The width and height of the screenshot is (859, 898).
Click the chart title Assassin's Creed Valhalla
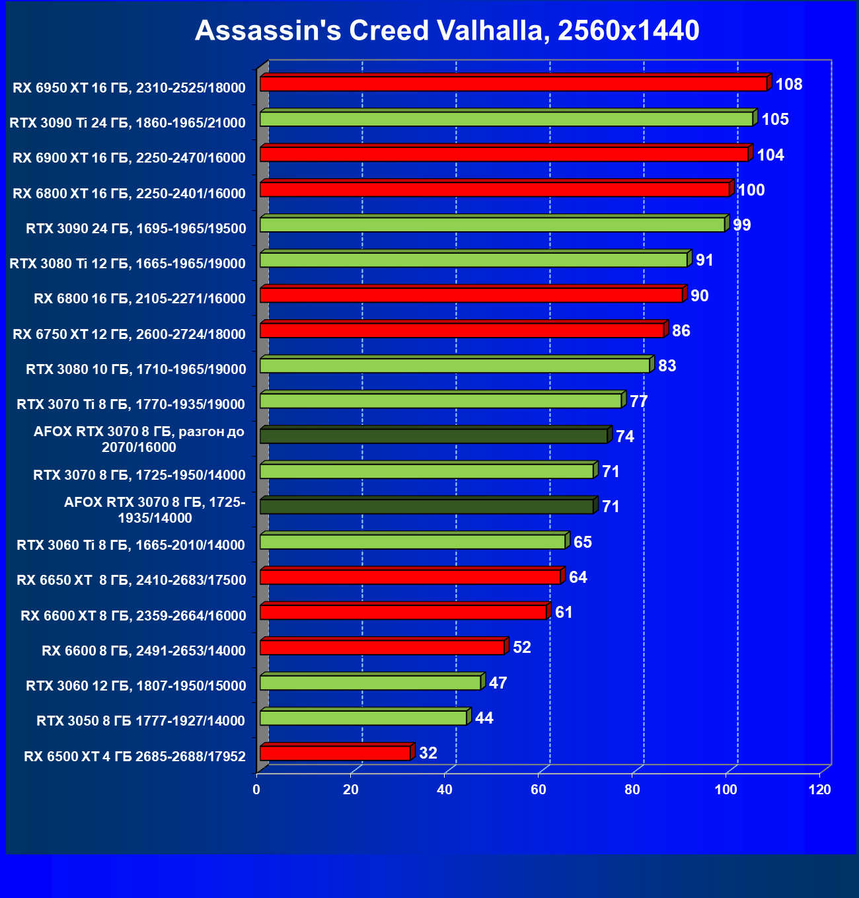click(447, 30)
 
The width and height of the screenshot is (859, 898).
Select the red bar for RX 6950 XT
click(513, 84)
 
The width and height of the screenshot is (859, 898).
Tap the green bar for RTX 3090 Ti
click(507, 119)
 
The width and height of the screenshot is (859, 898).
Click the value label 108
click(789, 85)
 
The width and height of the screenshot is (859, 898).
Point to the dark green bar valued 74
click(434, 436)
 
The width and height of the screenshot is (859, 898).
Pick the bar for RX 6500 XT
click(336, 753)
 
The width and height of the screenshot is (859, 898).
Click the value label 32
click(428, 753)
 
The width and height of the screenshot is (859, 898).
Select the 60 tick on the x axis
click(539, 790)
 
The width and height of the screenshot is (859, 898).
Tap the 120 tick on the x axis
click(820, 790)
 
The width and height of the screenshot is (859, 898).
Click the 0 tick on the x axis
click(256, 790)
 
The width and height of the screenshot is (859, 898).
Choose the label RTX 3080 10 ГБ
click(136, 369)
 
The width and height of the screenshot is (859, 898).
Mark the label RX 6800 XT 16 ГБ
click(130, 194)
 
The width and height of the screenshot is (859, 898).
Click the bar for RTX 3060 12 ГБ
click(371, 683)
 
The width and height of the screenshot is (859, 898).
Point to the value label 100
click(751, 190)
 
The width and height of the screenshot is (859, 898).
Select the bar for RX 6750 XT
click(463, 330)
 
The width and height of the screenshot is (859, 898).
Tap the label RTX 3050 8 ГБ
click(141, 721)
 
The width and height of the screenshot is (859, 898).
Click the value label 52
click(522, 648)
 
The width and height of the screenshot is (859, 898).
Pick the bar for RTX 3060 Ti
click(413, 542)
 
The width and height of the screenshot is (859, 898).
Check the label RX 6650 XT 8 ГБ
click(131, 580)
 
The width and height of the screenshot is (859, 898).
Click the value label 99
click(742, 225)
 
